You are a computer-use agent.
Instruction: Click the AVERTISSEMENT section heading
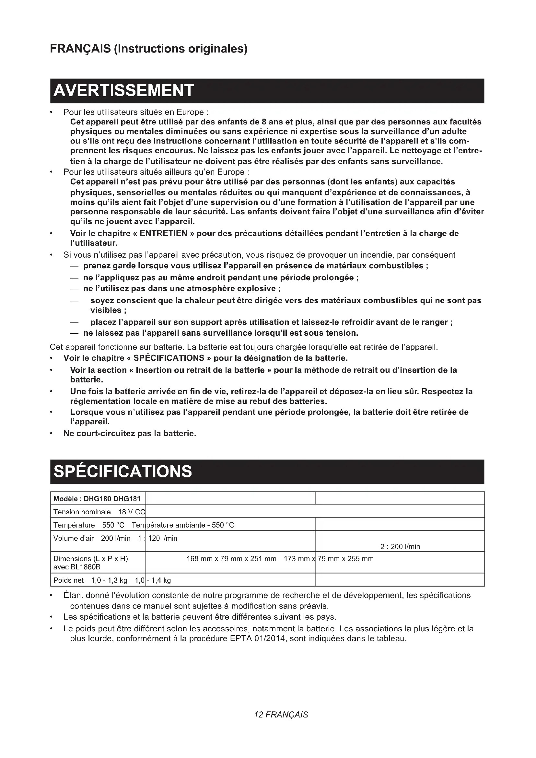(x=123, y=91)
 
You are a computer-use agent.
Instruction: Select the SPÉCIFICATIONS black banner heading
(x=122, y=472)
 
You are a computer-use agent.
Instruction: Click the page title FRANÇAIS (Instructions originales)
(x=148, y=49)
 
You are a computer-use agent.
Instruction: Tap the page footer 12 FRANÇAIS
(x=281, y=715)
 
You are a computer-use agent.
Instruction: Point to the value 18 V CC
(x=131, y=512)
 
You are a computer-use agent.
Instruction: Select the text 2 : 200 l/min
(x=400, y=546)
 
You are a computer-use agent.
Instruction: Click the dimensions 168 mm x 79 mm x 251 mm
(x=231, y=559)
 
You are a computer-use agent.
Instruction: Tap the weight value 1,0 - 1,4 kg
(x=153, y=580)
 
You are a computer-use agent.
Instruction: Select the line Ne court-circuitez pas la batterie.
(x=130, y=434)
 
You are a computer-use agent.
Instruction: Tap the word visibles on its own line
(x=106, y=310)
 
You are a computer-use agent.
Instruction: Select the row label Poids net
(x=69, y=580)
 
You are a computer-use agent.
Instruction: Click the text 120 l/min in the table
(x=163, y=539)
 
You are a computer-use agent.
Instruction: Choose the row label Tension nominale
(x=82, y=512)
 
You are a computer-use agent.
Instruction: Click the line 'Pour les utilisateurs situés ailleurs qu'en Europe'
(x=156, y=172)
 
